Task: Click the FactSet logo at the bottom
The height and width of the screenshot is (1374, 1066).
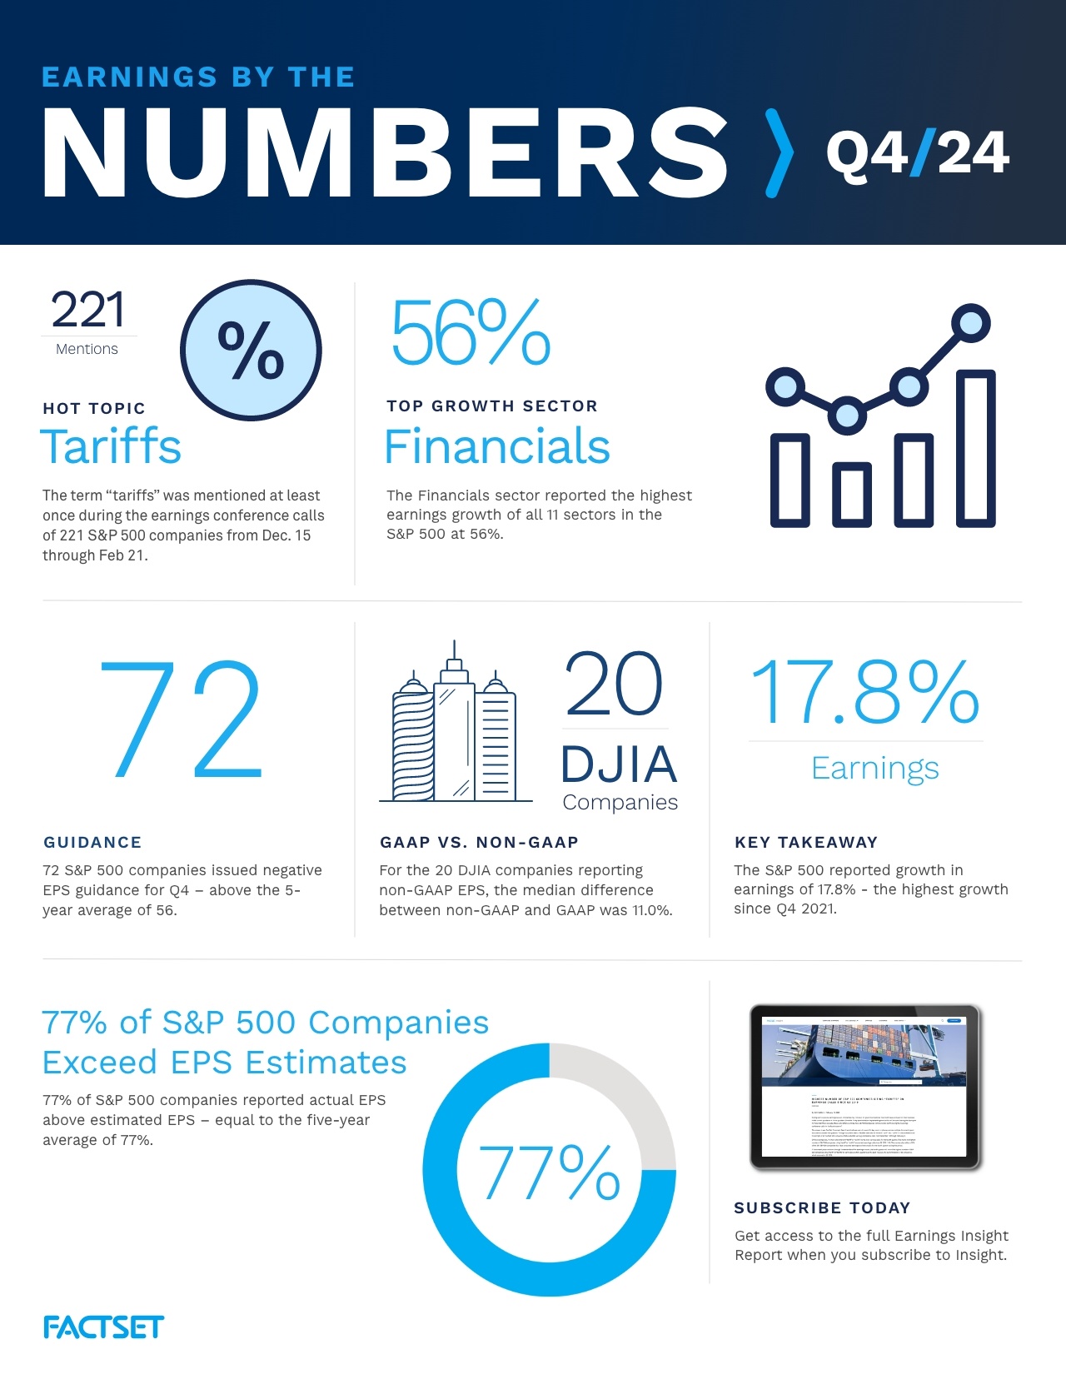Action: (103, 1327)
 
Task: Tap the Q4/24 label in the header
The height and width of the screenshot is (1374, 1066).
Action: (917, 153)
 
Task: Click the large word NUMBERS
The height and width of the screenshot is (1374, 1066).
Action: (385, 153)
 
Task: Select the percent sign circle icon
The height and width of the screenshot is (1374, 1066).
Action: (251, 350)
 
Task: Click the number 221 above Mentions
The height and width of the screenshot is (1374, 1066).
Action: (88, 310)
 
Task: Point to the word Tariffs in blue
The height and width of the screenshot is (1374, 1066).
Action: (111, 446)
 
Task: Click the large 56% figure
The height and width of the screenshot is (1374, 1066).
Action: (471, 334)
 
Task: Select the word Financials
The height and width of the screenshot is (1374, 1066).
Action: (497, 446)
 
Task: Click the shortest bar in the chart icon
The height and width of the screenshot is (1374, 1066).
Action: (850, 495)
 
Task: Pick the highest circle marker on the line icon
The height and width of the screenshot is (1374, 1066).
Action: (970, 323)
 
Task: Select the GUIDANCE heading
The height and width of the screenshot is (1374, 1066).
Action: (92, 842)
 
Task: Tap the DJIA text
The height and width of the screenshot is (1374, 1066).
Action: (619, 764)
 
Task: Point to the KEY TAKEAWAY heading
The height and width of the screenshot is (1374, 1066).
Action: (805, 842)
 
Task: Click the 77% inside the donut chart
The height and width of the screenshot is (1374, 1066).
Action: (550, 1172)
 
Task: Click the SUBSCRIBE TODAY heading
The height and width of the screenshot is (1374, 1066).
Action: (822, 1207)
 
